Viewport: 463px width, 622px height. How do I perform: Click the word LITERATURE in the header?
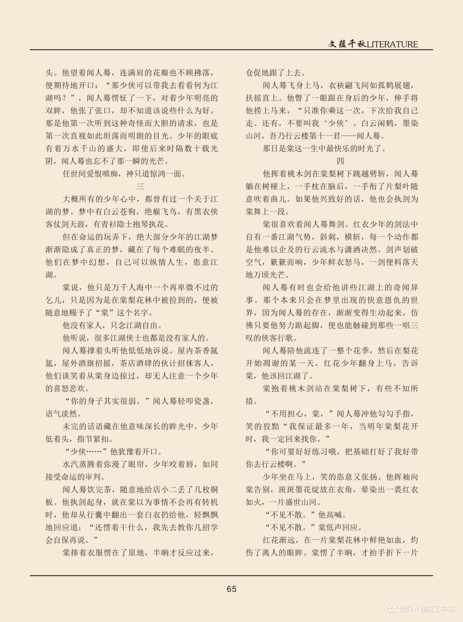pyautogui.click(x=392, y=44)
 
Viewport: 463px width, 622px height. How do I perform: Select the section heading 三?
pyautogui.click(x=140, y=186)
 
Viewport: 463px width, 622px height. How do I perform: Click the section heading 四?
pyautogui.click(x=340, y=161)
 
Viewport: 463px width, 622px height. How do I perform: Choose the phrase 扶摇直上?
pyautogui.click(x=262, y=98)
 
